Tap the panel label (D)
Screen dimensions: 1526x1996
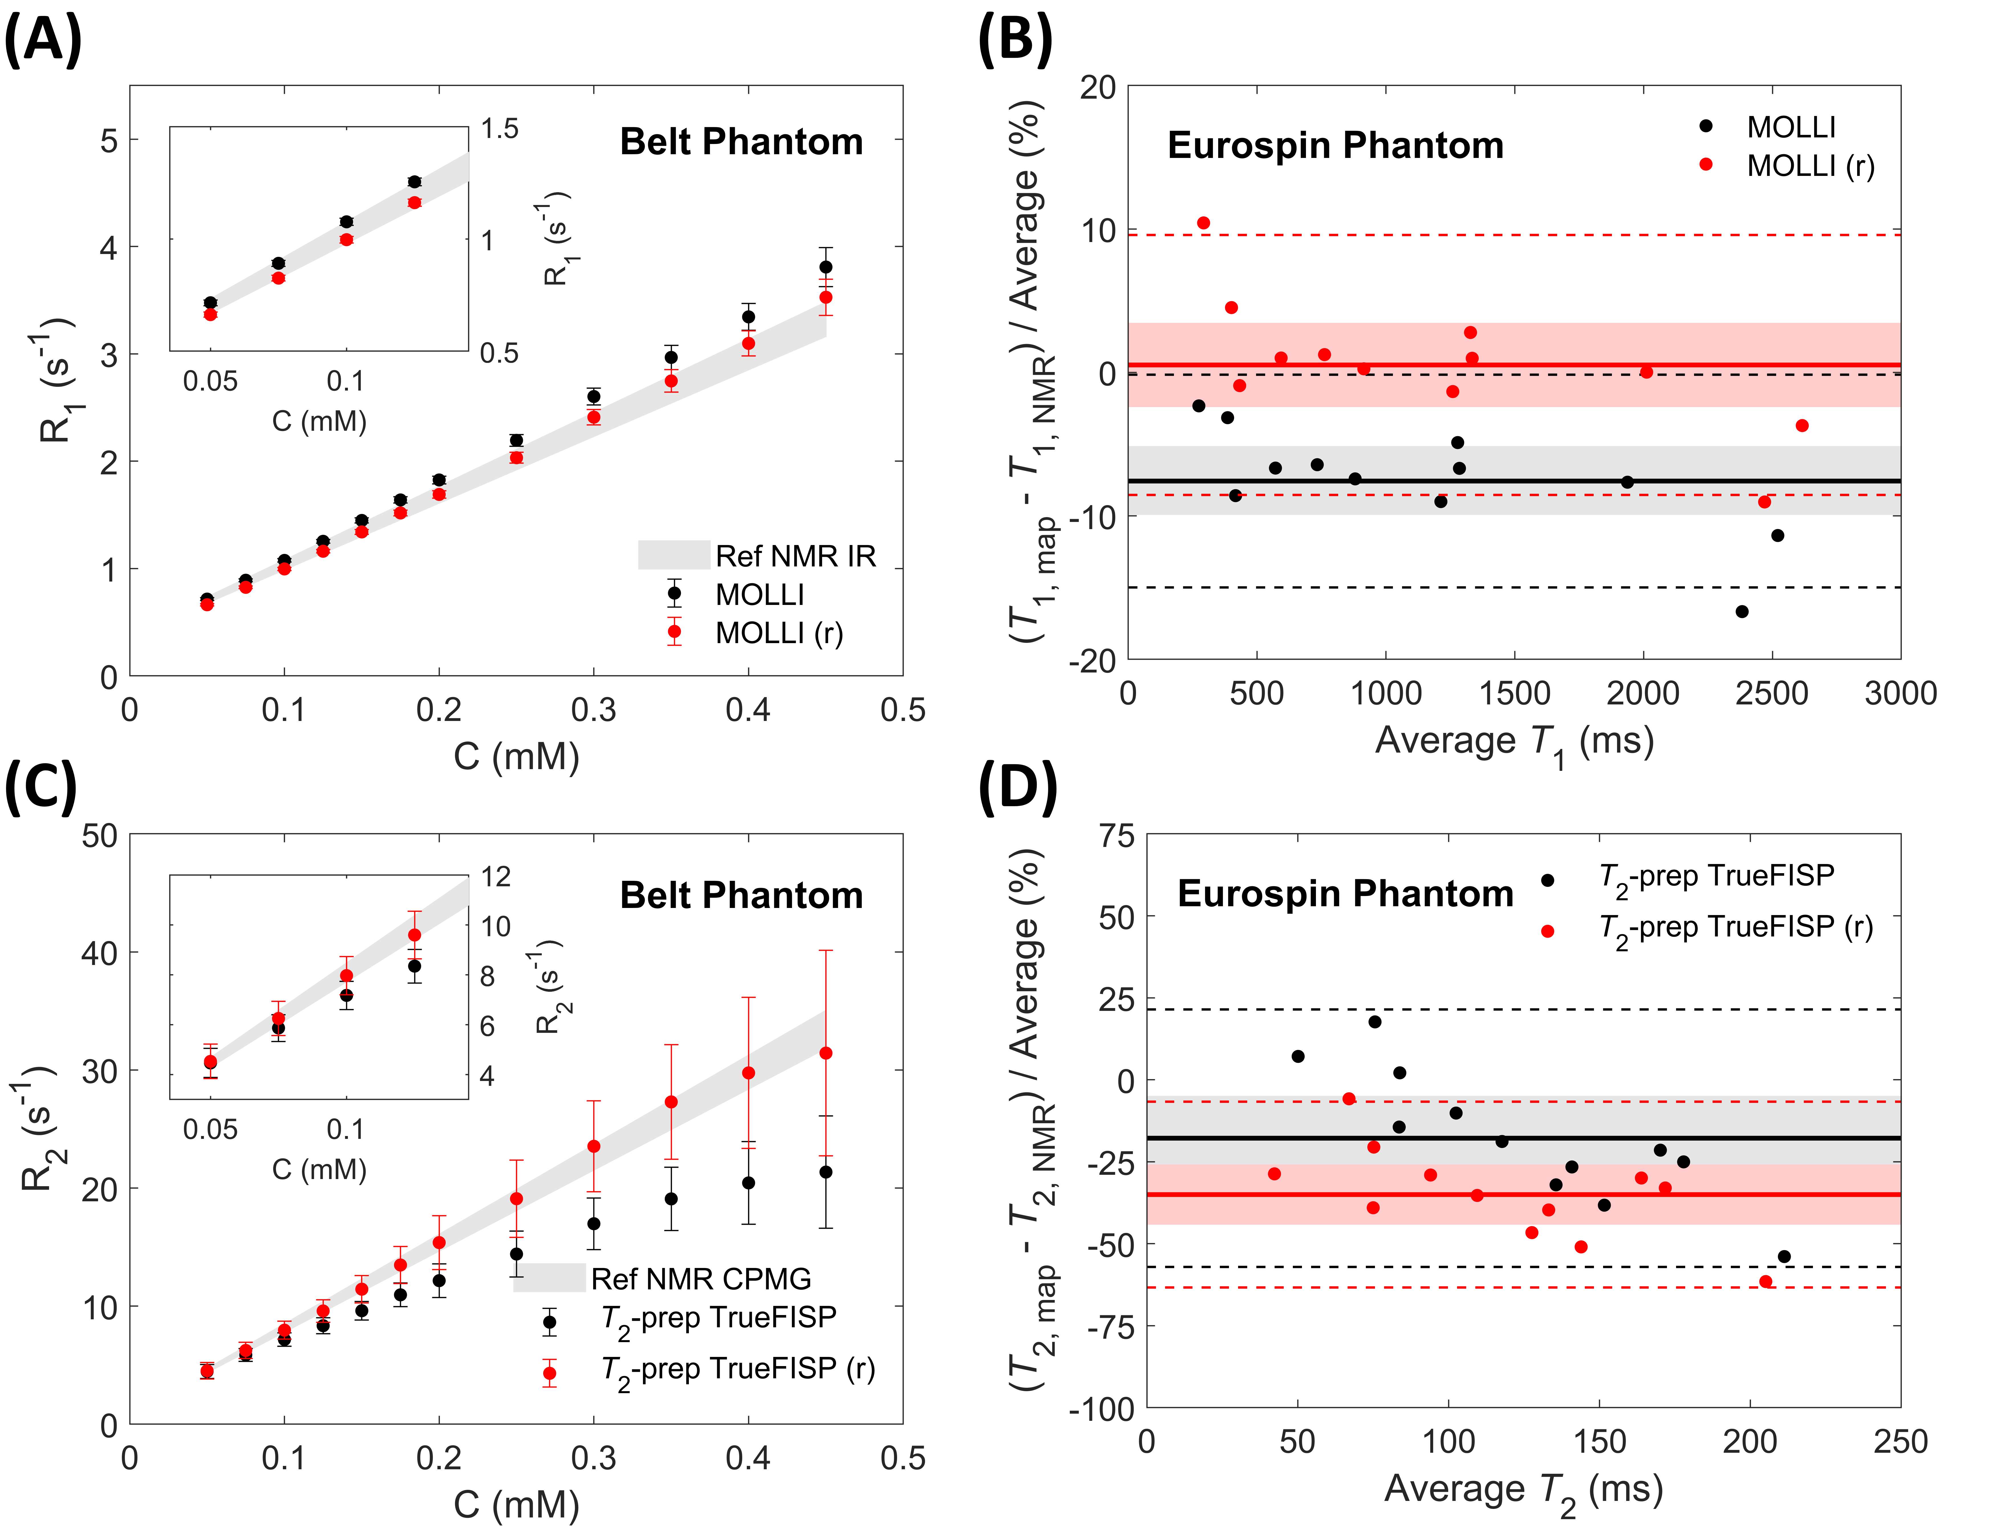click(x=1018, y=789)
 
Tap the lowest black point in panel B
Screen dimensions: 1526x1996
click(x=1742, y=611)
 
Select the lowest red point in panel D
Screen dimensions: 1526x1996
click(x=1765, y=1282)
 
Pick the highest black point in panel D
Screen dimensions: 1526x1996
click(x=1375, y=1022)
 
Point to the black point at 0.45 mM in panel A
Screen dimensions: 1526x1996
click(x=825, y=267)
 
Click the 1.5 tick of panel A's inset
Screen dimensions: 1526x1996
click(x=500, y=129)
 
